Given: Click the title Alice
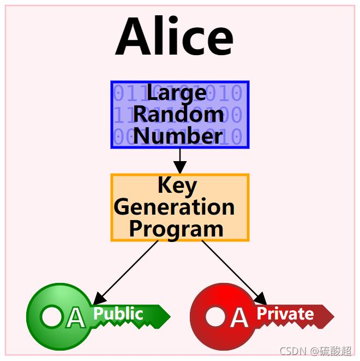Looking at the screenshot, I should click(x=175, y=37).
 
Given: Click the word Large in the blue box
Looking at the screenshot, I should click(x=176, y=93).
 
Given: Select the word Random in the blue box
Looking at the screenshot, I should click(x=178, y=115).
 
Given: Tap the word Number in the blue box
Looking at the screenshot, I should click(x=178, y=135).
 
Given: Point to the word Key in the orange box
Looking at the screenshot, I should click(x=177, y=186).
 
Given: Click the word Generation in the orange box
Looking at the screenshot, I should click(x=175, y=208).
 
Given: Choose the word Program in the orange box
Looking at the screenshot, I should click(x=176, y=229).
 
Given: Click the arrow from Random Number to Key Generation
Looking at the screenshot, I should click(x=180, y=161).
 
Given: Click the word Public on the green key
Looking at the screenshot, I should click(x=118, y=313).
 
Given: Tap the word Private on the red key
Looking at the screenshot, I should click(x=285, y=313).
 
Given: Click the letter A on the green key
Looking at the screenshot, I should click(x=76, y=317).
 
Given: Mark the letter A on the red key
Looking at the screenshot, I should click(x=239, y=317).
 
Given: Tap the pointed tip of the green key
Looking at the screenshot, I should click(x=169, y=316).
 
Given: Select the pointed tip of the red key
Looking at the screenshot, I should click(x=332, y=316).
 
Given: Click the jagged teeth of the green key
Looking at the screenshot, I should click(x=131, y=325).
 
